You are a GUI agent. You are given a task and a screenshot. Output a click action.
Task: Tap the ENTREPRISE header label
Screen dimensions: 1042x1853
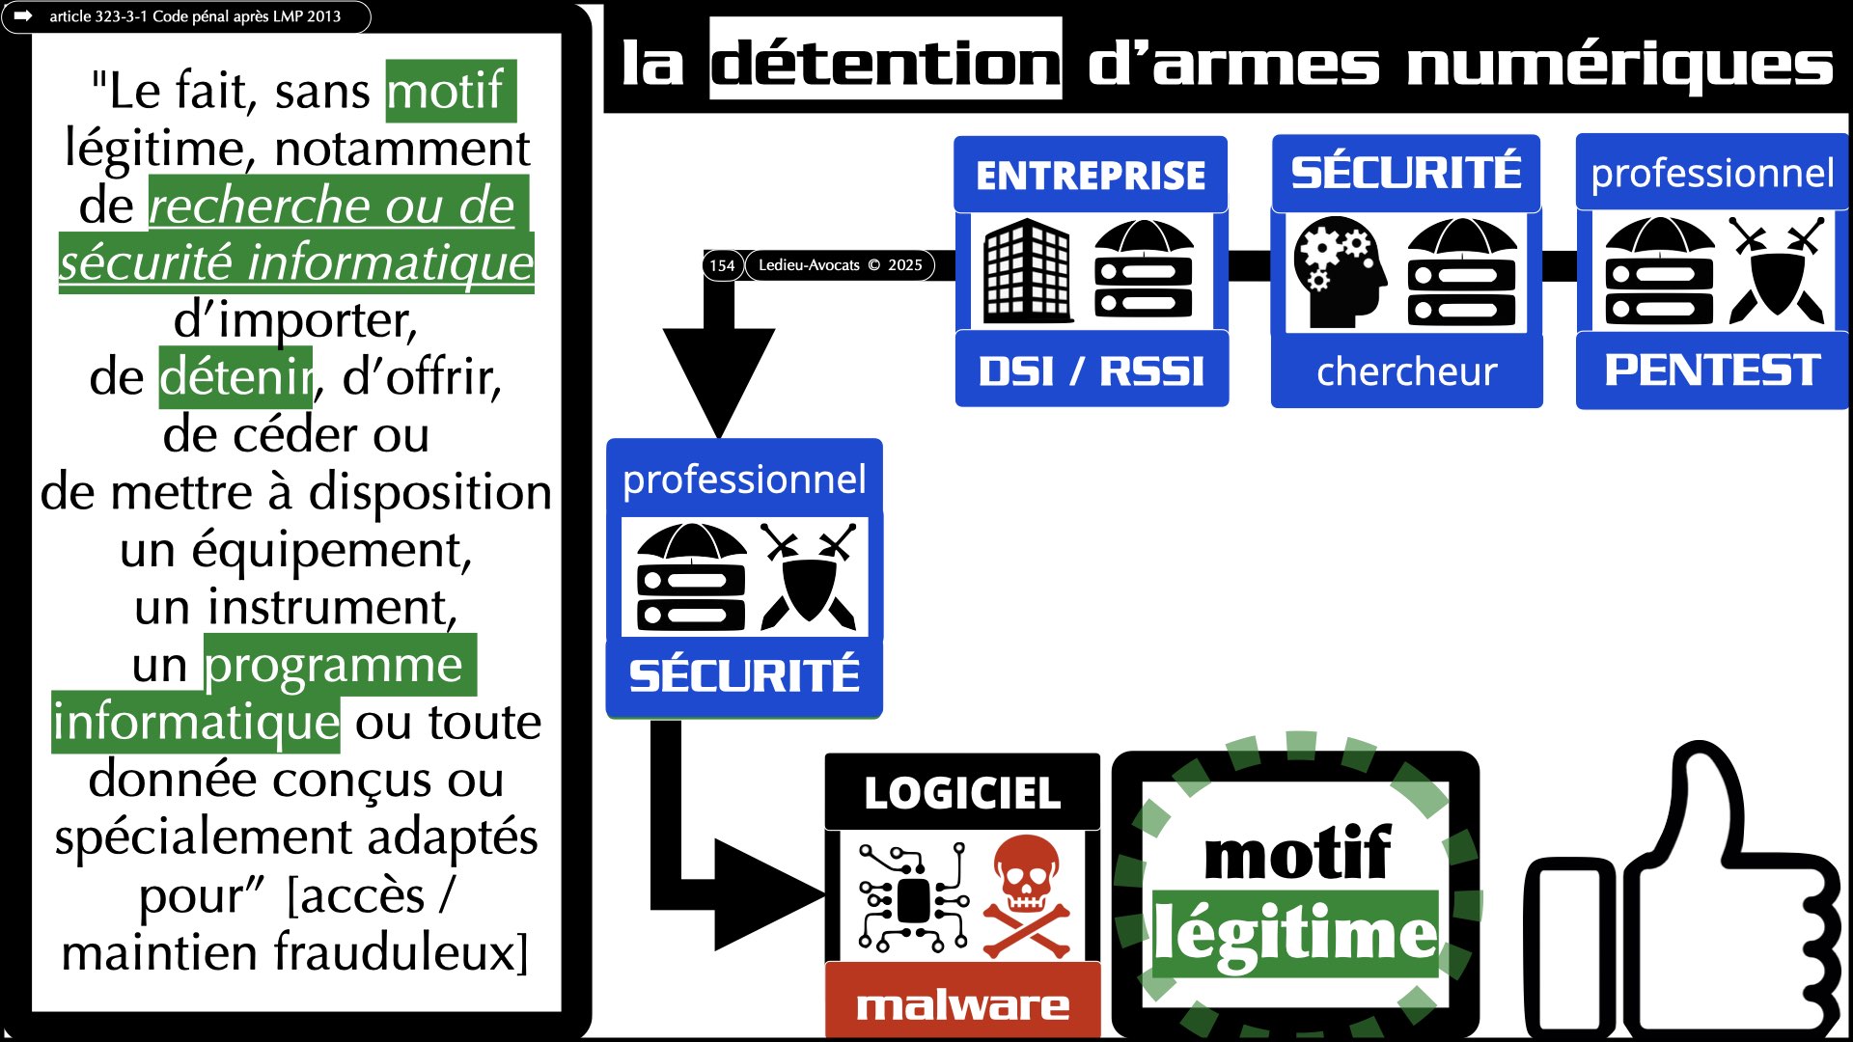point(1091,175)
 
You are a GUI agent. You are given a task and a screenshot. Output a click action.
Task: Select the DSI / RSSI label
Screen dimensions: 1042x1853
point(1092,370)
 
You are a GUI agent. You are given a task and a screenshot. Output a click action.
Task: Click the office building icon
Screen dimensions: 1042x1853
point(1027,271)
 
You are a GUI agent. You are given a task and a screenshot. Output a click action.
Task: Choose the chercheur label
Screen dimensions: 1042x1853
point(1406,371)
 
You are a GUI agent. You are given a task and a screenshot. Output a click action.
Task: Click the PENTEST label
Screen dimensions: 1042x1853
point(1712,370)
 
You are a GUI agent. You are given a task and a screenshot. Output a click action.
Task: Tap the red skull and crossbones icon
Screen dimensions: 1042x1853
point(1027,896)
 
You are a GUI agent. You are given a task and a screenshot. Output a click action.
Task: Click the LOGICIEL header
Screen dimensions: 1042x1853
point(962,793)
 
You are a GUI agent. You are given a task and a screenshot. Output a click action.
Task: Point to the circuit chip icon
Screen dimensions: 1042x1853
point(911,899)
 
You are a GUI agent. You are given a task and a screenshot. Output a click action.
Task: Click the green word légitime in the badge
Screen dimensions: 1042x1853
point(1295,933)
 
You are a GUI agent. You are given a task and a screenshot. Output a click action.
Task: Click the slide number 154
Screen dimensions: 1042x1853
point(722,265)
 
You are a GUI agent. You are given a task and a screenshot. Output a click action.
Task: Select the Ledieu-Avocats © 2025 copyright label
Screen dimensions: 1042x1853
point(840,265)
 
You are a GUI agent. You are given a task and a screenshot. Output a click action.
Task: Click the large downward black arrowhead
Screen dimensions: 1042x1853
point(719,376)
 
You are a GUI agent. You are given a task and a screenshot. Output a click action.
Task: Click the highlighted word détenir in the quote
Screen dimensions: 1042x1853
point(235,377)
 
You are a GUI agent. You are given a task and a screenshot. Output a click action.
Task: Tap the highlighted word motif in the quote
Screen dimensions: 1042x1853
point(450,91)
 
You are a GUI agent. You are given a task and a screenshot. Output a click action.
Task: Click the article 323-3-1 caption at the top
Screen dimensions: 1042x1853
point(194,16)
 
